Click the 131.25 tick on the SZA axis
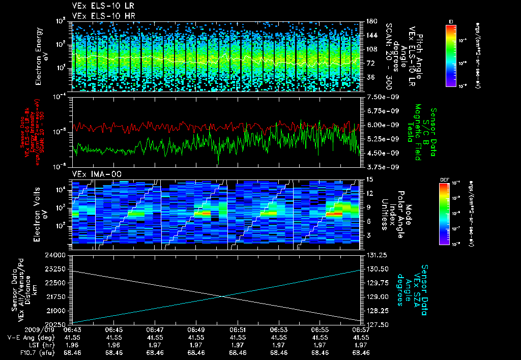tap(374, 255)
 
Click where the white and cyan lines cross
tap(222, 297)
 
